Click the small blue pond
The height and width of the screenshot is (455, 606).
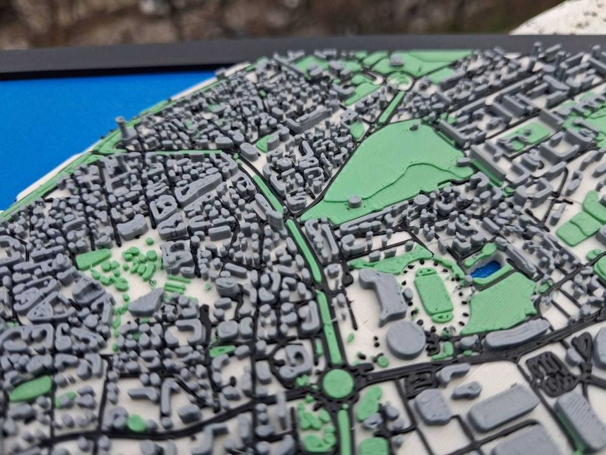click(486, 269)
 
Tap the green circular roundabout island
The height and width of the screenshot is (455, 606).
click(338, 383)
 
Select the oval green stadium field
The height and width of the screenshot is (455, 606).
click(433, 294)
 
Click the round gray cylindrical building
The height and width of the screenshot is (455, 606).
click(406, 339)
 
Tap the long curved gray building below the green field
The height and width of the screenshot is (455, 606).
click(516, 333)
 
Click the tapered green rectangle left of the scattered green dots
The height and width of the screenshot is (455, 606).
click(92, 259)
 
